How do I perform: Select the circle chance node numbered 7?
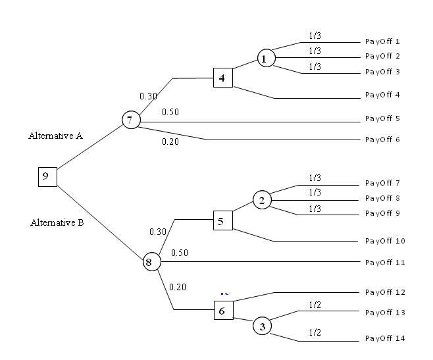pyautogui.click(x=130, y=120)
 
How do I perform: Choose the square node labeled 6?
pyautogui.click(x=223, y=311)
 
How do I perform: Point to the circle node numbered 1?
pyautogui.click(x=265, y=59)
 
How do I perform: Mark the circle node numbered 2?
pyautogui.click(x=261, y=201)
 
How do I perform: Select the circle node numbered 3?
pyautogui.click(x=262, y=325)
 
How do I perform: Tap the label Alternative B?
pyautogui.click(x=57, y=222)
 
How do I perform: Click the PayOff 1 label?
pyautogui.click(x=382, y=41)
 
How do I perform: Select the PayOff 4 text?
pyautogui.click(x=382, y=95)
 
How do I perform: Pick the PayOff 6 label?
pyautogui.click(x=382, y=140)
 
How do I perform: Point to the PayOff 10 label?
pyautogui.click(x=384, y=241)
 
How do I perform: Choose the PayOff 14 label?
pyautogui.click(x=384, y=338)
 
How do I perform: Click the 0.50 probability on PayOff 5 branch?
pyautogui.click(x=170, y=112)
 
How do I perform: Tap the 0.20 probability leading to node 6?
pyautogui.click(x=178, y=286)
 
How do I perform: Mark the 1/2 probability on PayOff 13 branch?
pyautogui.click(x=315, y=305)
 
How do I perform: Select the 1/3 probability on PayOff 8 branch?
pyautogui.click(x=315, y=192)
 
